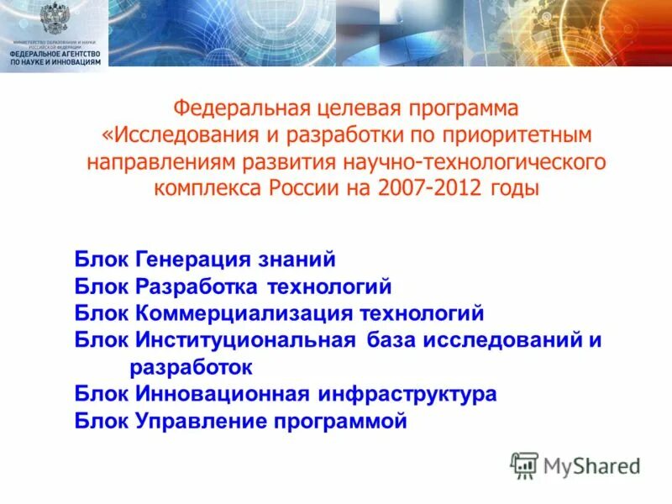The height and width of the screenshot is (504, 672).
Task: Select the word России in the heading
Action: click(303, 187)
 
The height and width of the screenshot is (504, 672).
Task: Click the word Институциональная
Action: click(246, 341)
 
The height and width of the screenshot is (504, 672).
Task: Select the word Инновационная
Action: click(223, 394)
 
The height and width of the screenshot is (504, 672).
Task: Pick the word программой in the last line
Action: click(340, 422)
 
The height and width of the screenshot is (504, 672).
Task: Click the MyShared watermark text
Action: click(592, 465)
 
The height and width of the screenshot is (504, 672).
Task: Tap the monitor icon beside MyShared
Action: click(524, 465)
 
